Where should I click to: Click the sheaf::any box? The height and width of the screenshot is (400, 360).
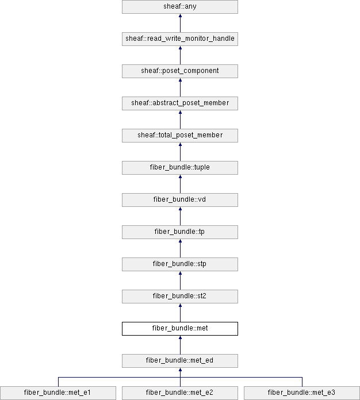[x=180, y=7]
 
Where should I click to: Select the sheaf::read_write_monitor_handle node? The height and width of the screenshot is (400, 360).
[x=180, y=39]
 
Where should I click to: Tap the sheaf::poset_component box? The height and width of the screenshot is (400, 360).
[x=180, y=71]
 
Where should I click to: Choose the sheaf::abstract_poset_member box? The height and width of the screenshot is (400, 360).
[x=180, y=103]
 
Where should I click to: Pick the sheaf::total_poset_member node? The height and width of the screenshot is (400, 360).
[x=180, y=135]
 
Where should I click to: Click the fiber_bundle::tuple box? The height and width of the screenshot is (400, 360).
[x=180, y=167]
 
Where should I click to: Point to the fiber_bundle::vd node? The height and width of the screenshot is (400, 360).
[x=180, y=199]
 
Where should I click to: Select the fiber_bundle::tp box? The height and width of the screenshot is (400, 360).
[x=180, y=232]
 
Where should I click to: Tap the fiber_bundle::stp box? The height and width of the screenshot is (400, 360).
[x=180, y=264]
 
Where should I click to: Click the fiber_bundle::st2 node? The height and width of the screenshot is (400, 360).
[x=180, y=296]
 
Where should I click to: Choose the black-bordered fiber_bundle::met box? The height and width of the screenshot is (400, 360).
[x=180, y=328]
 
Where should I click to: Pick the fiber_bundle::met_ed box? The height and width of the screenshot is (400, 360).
[x=180, y=360]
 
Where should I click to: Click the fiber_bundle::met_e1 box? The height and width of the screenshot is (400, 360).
[x=58, y=393]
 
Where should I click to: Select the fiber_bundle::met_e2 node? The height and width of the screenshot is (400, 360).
[x=180, y=393]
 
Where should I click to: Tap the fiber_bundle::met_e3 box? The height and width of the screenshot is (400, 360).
[x=302, y=393]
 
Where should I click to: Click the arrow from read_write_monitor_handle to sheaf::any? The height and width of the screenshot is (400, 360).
[x=180, y=23]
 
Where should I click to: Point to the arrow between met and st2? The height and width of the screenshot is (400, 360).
[x=180, y=313]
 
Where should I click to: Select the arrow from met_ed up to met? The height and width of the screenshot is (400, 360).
[x=180, y=345]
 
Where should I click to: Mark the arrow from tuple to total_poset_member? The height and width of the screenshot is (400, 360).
[x=180, y=152]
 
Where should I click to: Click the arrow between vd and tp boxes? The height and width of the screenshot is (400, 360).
[x=180, y=216]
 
